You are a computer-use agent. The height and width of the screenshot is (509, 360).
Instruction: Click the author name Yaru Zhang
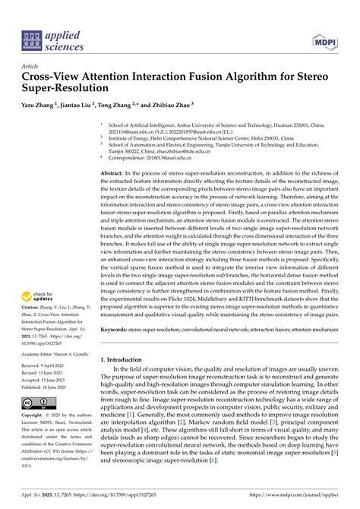coord(40,106)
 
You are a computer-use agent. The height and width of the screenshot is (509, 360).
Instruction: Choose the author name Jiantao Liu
coord(80,106)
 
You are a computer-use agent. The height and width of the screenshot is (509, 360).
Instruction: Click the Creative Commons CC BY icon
coord(37,402)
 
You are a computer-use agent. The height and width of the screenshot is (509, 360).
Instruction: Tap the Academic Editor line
coord(54,353)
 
